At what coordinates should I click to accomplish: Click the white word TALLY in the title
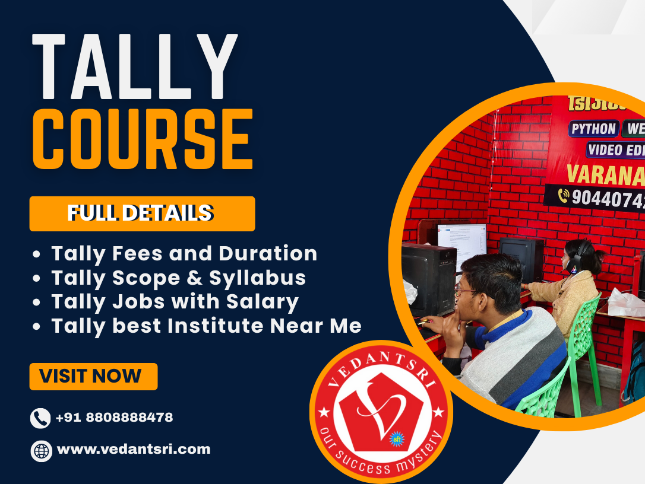coord(135,66)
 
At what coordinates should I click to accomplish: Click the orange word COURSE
coord(143,139)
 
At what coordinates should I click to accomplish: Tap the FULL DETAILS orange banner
coord(142,214)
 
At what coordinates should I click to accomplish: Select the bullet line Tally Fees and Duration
coord(184,254)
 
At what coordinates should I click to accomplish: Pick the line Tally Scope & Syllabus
coord(178,278)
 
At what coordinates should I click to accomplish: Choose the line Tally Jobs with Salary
coord(175,302)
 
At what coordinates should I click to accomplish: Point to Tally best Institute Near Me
coord(206,326)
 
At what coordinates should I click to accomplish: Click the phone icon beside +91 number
coord(40,418)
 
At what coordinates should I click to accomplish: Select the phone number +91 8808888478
coord(114,418)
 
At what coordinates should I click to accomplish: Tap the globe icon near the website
coord(41,451)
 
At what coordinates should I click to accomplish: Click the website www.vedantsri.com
coord(134,450)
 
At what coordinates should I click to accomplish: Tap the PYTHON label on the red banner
coord(593,129)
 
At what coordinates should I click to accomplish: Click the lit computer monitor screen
coord(462,244)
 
